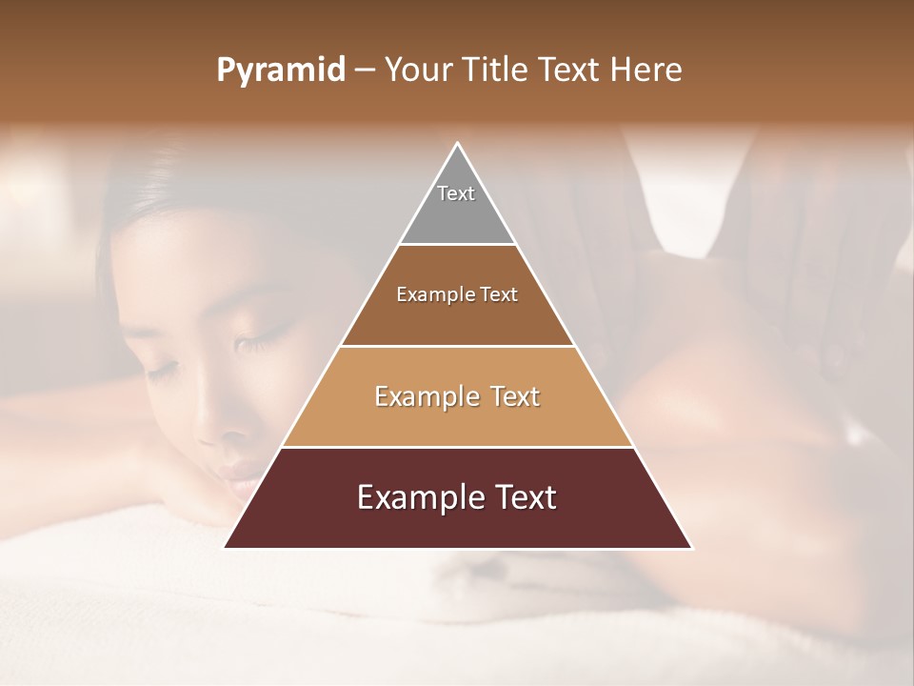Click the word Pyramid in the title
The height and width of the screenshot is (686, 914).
point(280,71)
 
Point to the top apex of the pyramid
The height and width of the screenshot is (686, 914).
point(458,143)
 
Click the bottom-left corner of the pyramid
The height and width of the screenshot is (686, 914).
point(225,548)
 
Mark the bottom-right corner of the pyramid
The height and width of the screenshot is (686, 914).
point(692,548)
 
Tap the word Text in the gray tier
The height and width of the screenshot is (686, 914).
point(456,193)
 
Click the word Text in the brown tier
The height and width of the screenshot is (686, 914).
point(498,294)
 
